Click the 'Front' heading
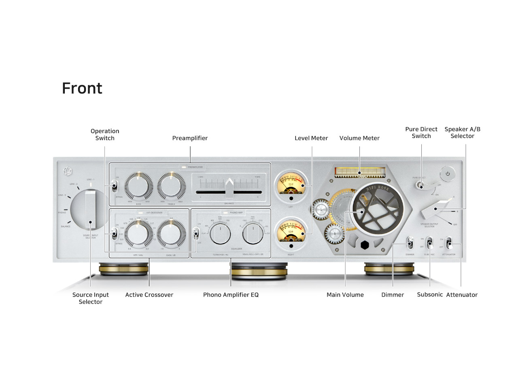(x=82, y=88)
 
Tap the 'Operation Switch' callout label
(x=105, y=135)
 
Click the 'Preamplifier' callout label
(x=190, y=138)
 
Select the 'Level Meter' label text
(x=311, y=138)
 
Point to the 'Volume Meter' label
(x=359, y=138)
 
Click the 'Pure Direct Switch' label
(x=421, y=133)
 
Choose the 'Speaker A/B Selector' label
(x=462, y=133)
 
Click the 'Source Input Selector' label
(x=91, y=298)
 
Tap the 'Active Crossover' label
(x=149, y=295)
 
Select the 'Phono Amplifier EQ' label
(x=231, y=295)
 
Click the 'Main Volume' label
(x=345, y=295)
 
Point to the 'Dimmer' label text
(x=393, y=295)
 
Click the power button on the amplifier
(x=448, y=174)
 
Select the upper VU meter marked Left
(x=291, y=185)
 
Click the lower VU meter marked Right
(x=291, y=232)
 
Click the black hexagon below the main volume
(x=365, y=245)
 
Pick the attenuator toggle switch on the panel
(x=448, y=244)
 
